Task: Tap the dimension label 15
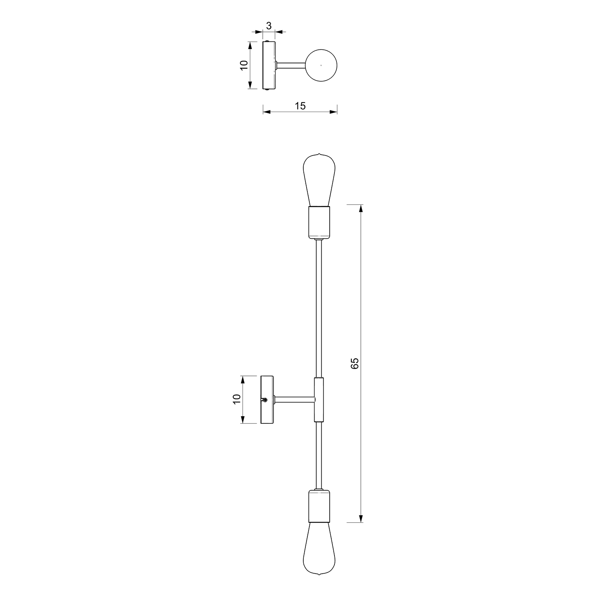(300, 106)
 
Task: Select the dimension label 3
(269, 26)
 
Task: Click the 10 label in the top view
(244, 65)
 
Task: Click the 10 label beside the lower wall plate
(237, 399)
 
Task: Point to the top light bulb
(319, 180)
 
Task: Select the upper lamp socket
(319, 222)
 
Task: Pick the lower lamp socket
(319, 505)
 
